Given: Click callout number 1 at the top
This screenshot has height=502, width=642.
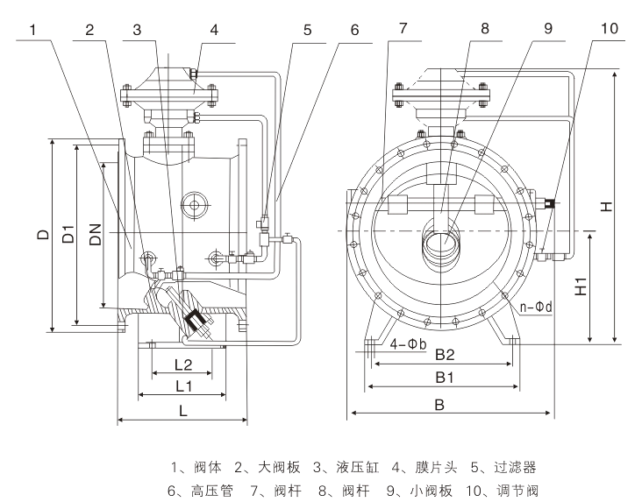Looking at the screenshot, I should point(32,29).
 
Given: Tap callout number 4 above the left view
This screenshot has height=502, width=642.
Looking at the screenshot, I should point(213,29).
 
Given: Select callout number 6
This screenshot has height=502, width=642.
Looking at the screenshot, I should point(354,29).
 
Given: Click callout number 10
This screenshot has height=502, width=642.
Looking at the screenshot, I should point(608,29).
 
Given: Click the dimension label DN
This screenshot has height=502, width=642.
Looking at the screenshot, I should point(96,234).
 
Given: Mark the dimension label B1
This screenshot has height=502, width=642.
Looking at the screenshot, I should point(445,378).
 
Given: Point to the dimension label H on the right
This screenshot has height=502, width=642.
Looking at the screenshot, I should point(606,207).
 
